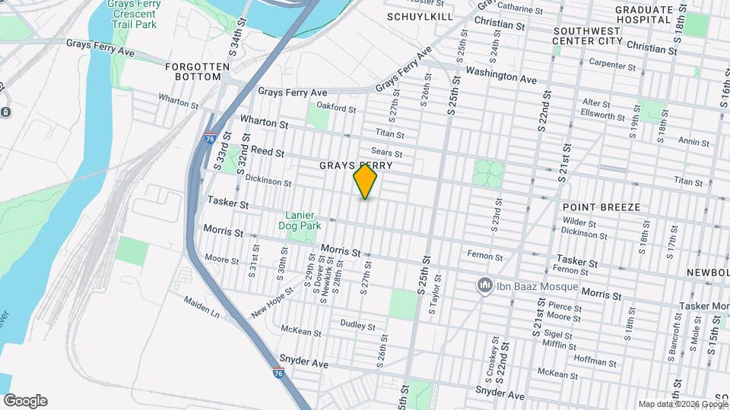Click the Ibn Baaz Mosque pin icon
click(484, 285)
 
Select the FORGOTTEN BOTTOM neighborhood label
click(197, 71)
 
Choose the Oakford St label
click(336, 108)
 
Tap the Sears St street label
click(386, 153)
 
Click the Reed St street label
click(267, 152)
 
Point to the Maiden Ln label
click(202, 307)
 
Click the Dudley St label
click(357, 324)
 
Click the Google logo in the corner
click(24, 401)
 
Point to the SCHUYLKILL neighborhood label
click(420, 16)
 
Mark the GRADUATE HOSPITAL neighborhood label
click(645, 14)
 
